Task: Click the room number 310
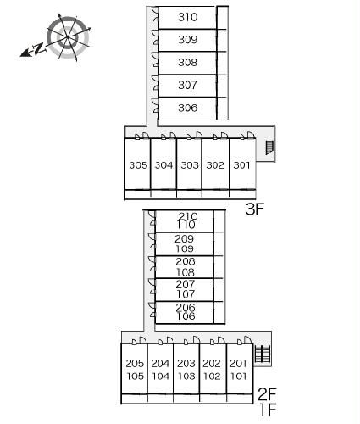point(187,17)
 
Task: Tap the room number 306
point(187,108)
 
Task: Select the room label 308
point(187,62)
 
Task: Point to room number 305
point(138,165)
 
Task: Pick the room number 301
point(241,165)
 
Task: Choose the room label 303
point(190,165)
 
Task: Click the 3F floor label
point(254,209)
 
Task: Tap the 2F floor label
point(267,394)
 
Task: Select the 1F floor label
point(268,410)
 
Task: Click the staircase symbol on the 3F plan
point(270,148)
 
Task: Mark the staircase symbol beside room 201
point(263,354)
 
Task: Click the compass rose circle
point(68,37)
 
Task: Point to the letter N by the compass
point(39,48)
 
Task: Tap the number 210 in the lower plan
point(188,216)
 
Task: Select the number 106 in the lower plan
point(186,316)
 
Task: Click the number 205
point(135,364)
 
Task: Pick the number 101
point(239,377)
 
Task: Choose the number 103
point(186,377)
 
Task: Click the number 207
point(186,284)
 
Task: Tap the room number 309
point(187,40)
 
